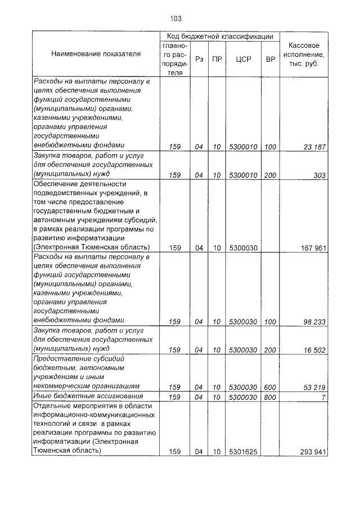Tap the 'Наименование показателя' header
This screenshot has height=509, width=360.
click(x=96, y=54)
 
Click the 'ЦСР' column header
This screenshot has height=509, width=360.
click(x=244, y=58)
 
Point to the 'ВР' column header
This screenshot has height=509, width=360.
click(x=271, y=58)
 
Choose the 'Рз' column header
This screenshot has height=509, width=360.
click(x=199, y=58)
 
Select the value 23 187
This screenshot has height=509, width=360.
click(x=313, y=147)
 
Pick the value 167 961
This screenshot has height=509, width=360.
click(x=311, y=248)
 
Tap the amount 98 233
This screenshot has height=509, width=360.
click(x=313, y=322)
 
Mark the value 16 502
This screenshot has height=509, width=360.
click(x=313, y=350)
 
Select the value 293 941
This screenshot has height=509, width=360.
click(x=311, y=452)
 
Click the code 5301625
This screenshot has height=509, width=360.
click(x=244, y=452)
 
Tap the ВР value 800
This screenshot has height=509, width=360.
click(x=271, y=397)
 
